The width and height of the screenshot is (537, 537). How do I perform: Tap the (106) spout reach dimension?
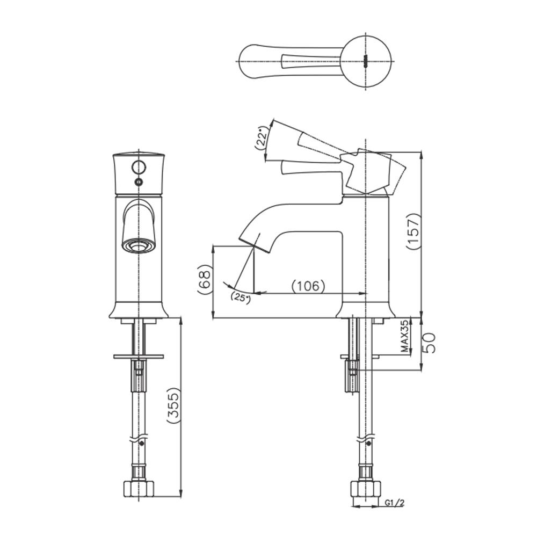(308, 286)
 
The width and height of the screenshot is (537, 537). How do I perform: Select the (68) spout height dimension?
(205, 279)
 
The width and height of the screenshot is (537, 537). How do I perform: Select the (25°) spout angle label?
(241, 297)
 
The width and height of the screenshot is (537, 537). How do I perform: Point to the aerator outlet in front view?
(139, 245)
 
